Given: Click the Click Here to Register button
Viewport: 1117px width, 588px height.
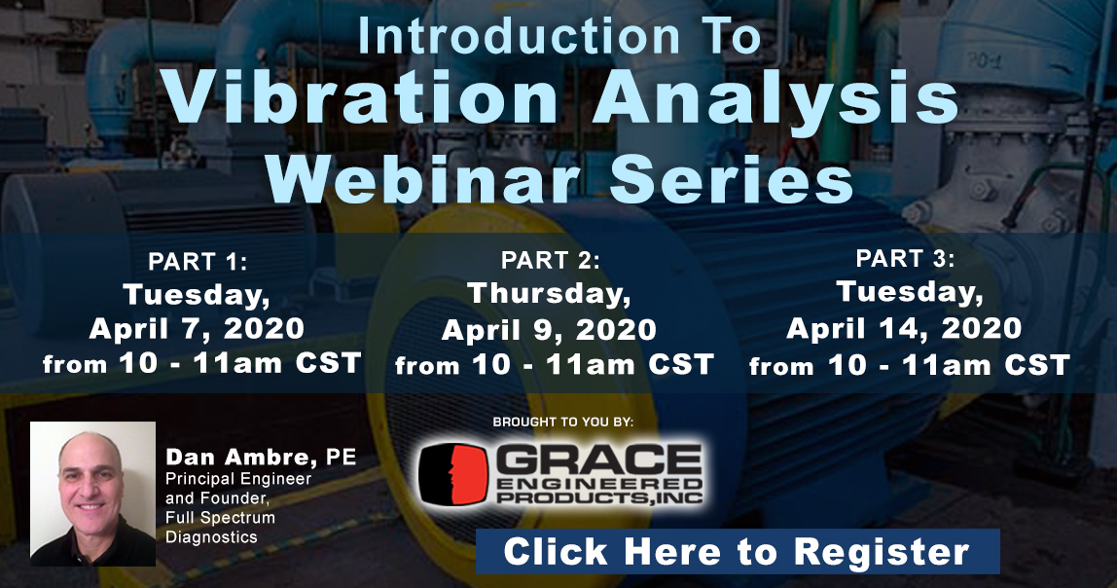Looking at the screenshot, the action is pyautogui.click(x=738, y=552).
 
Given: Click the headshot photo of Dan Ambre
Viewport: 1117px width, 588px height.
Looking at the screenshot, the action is pyautogui.click(x=92, y=494).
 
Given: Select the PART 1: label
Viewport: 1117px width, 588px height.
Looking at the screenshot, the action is pyautogui.click(x=198, y=262).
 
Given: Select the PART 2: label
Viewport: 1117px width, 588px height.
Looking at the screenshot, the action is pyautogui.click(x=550, y=261).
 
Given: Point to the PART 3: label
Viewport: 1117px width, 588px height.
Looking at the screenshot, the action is pyautogui.click(x=905, y=259).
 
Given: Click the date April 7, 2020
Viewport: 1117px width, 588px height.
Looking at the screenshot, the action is pyautogui.click(x=197, y=329).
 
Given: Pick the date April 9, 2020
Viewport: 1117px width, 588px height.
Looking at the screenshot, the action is pyautogui.click(x=549, y=330).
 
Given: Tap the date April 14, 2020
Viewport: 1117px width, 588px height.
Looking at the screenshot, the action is pyautogui.click(x=904, y=329).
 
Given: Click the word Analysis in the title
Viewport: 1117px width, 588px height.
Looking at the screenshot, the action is pyautogui.click(x=775, y=99).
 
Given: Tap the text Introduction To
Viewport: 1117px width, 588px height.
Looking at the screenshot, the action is pyautogui.click(x=559, y=36).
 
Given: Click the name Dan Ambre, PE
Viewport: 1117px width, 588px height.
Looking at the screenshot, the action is pyautogui.click(x=261, y=458).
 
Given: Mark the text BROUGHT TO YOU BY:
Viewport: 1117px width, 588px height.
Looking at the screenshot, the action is pyautogui.click(x=562, y=422).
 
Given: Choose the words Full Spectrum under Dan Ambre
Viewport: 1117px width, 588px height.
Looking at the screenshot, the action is pyautogui.click(x=220, y=518).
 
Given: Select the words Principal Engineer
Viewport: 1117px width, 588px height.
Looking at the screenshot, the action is pyautogui.click(x=238, y=480).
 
